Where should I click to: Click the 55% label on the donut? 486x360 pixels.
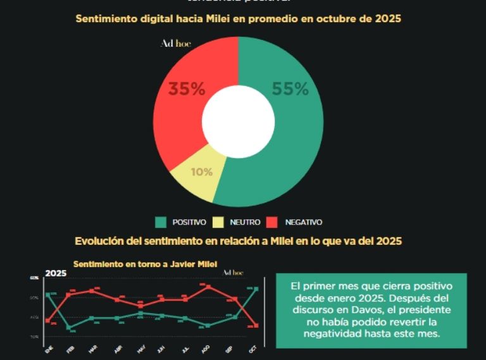(x=290, y=89)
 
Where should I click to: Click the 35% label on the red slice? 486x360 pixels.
(x=186, y=89)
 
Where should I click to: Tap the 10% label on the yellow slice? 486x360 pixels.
(x=201, y=171)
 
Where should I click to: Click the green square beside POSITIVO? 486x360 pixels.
(x=161, y=222)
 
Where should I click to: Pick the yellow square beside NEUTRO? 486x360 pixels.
(x=218, y=222)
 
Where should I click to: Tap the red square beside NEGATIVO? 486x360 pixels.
(x=272, y=222)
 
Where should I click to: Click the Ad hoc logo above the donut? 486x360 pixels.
(x=175, y=44)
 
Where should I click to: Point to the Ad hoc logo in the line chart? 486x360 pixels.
(x=233, y=273)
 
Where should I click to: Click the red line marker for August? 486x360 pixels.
(x=208, y=287)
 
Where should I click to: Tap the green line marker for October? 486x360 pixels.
(x=255, y=289)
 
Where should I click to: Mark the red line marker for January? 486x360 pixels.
(x=48, y=321)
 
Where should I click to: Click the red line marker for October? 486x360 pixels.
(x=255, y=326)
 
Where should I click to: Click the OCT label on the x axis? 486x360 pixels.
(x=253, y=349)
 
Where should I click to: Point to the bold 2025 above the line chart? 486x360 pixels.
(x=56, y=273)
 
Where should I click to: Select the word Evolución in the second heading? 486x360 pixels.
(x=101, y=241)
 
